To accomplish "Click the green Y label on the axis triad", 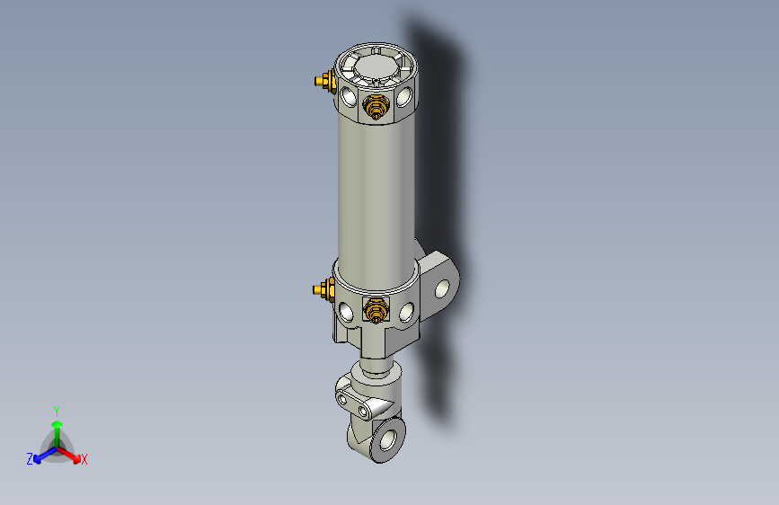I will tap(56, 410).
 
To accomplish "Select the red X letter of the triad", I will tap(84, 460).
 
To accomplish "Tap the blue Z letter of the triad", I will tap(30, 459).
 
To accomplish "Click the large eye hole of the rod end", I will tap(388, 441).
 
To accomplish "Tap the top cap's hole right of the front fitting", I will tap(406, 94).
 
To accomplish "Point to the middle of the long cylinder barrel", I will tap(375, 193).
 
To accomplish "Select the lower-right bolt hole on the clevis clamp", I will tap(364, 411).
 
